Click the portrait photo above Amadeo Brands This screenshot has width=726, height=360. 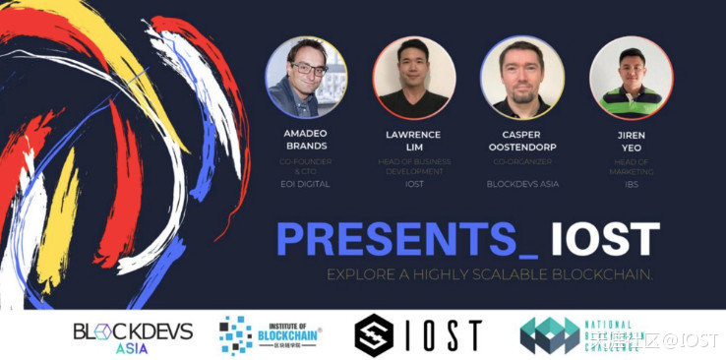307,78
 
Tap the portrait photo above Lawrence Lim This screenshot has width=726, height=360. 413,78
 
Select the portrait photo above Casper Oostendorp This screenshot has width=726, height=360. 521,78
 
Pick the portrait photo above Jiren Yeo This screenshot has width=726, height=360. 630,78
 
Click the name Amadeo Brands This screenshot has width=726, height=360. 307,139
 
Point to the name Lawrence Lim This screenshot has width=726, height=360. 413,139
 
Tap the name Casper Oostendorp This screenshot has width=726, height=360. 521,139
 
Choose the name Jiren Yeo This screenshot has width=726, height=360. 630,139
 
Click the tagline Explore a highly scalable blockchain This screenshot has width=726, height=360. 489,272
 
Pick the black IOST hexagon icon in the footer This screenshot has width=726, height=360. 375,335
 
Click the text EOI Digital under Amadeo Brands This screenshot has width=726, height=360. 307,183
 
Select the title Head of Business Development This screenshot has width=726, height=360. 413,167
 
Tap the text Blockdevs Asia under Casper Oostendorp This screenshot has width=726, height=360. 521,183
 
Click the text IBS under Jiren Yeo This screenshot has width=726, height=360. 630,183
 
